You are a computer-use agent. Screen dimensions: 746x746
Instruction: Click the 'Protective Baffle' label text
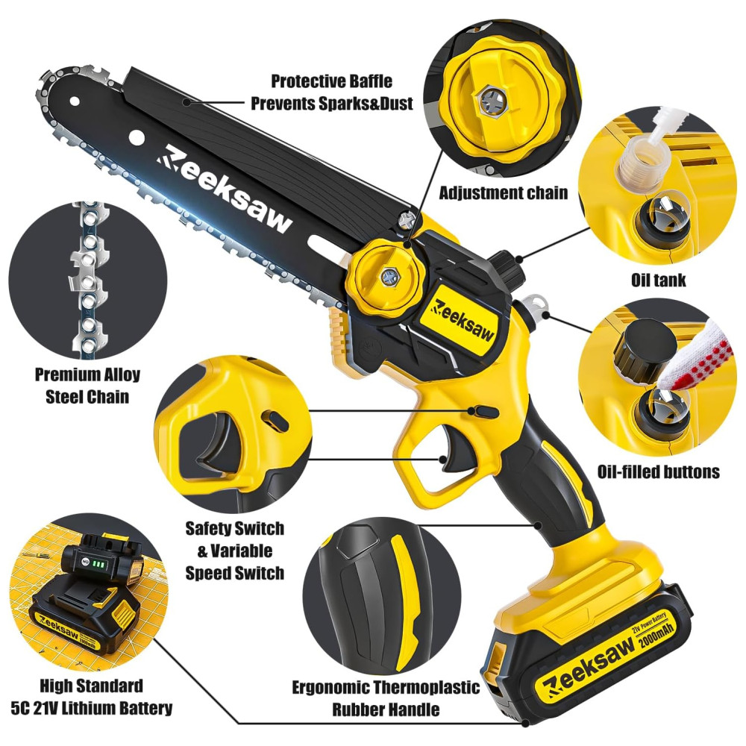pos(332,81)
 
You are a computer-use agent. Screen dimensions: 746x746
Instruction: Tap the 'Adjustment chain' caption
pos(504,192)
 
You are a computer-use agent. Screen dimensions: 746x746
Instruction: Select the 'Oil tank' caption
pos(659,280)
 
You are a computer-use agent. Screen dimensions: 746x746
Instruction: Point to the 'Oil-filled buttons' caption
pos(659,471)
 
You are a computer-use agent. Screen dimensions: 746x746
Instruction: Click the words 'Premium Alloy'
pos(87,374)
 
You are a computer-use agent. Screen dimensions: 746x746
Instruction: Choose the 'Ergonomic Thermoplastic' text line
pos(386,688)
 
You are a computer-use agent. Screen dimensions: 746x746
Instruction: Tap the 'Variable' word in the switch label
pos(241,551)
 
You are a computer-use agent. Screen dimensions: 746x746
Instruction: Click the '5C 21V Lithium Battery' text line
pos(91,708)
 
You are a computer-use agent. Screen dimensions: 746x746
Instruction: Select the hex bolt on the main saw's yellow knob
pos(389,275)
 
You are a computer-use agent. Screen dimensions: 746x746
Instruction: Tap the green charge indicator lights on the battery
pos(99,564)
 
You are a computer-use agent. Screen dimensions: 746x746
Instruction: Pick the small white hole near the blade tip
pos(75,101)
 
